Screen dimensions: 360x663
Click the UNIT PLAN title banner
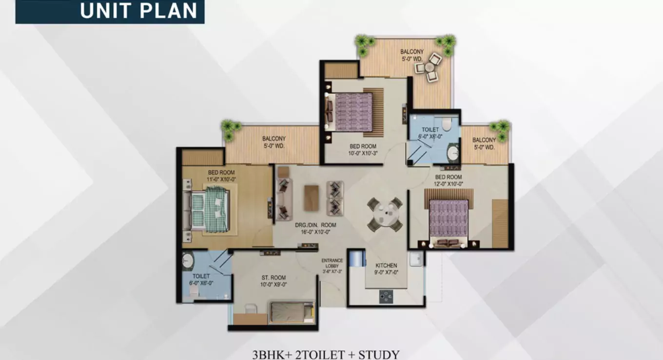110,11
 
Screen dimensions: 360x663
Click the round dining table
385,214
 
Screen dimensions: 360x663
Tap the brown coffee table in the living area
311,198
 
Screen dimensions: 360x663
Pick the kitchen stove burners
387,296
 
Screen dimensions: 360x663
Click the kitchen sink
416,260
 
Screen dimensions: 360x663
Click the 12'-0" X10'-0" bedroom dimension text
448,184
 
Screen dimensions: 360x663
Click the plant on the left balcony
230,129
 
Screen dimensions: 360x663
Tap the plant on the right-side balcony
501,129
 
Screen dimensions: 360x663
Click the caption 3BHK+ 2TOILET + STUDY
326,355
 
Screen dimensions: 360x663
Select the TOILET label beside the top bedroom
430,130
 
